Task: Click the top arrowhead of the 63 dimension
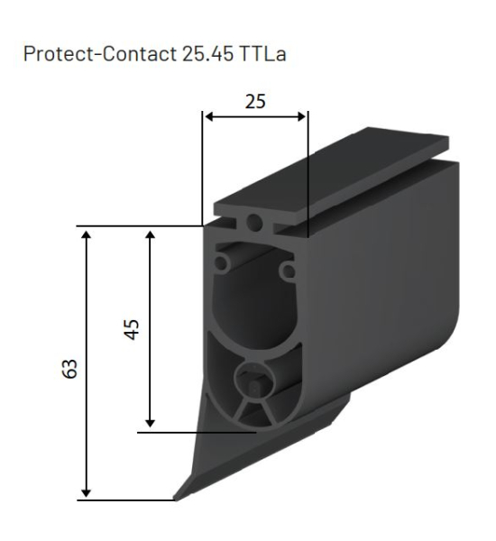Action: (x=87, y=234)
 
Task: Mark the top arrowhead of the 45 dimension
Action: (x=151, y=234)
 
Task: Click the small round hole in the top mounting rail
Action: (x=256, y=222)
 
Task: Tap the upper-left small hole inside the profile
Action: (x=221, y=265)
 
